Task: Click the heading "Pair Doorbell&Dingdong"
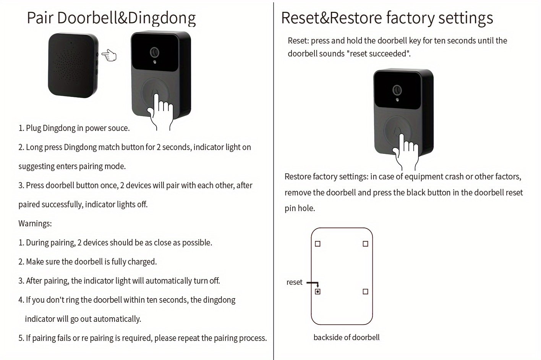[x=111, y=18]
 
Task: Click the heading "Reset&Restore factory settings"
[x=387, y=18]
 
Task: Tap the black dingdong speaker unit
[x=72, y=65]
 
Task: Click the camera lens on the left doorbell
[x=154, y=52]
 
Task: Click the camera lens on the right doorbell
[x=397, y=90]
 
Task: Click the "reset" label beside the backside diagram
[x=294, y=282]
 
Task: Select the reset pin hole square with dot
[x=317, y=292]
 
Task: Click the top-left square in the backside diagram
[x=317, y=244]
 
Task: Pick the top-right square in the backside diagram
[x=365, y=244]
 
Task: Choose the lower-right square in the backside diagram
[x=365, y=292]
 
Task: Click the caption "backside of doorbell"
[x=347, y=337]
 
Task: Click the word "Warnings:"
[x=35, y=223]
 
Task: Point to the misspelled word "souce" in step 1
[x=118, y=128]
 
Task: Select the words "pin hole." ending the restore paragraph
[x=300, y=208]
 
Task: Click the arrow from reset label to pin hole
[x=313, y=283]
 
